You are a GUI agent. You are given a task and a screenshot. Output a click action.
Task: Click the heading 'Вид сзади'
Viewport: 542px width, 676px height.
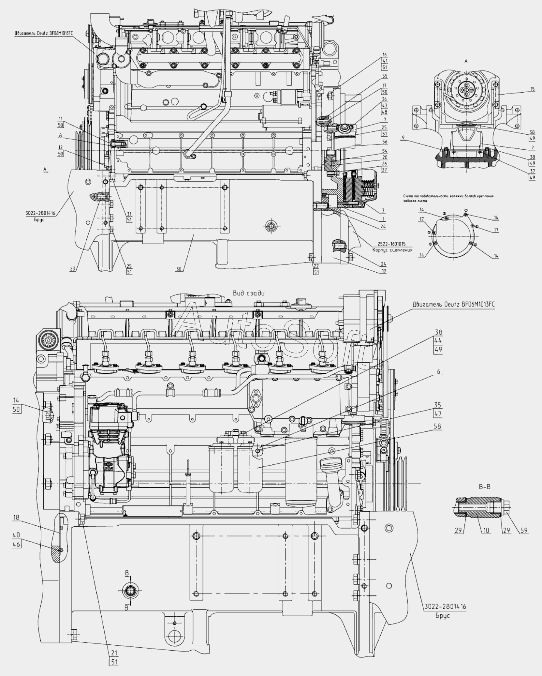(x=249, y=293)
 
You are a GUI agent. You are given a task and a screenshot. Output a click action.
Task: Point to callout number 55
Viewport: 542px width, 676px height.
(x=385, y=75)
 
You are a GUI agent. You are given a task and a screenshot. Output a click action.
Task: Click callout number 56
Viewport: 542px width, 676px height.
(x=385, y=142)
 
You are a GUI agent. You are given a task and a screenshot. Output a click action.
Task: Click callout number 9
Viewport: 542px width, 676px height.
(x=403, y=138)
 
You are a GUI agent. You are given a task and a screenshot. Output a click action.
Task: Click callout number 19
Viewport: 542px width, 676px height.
(x=384, y=271)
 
